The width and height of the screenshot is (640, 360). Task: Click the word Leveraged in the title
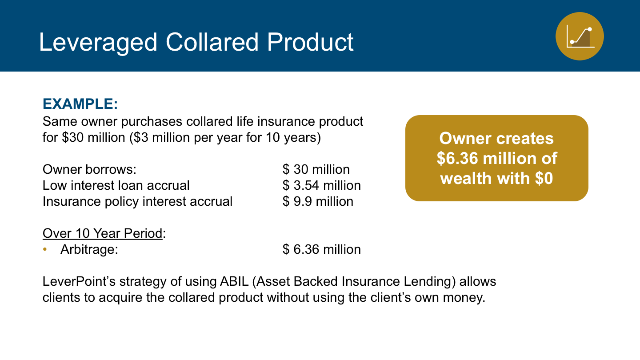[98, 42]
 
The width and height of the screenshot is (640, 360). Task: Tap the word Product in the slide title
[310, 42]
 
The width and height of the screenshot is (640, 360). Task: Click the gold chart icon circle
[580, 36]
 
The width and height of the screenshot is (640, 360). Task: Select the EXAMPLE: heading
[80, 104]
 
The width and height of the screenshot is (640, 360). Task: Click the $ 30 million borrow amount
[316, 169]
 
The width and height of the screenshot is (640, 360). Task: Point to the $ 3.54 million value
[322, 185]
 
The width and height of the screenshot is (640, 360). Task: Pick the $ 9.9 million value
[318, 201]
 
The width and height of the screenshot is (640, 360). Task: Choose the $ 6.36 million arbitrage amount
[322, 249]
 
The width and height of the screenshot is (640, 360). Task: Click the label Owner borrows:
[89, 169]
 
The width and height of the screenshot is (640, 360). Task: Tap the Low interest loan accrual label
[116, 185]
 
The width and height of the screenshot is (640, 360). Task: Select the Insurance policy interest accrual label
[137, 201]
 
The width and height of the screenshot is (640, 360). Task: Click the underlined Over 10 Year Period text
[103, 233]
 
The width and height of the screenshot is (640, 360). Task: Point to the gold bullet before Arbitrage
[45, 249]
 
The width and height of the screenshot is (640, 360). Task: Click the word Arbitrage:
[89, 249]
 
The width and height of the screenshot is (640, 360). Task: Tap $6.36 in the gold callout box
[457, 158]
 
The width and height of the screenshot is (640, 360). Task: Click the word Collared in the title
[212, 42]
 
